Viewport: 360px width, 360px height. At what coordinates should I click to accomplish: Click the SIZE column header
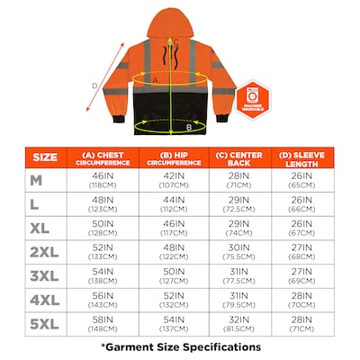(x=44, y=157)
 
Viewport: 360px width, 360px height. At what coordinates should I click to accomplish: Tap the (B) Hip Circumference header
(x=175, y=157)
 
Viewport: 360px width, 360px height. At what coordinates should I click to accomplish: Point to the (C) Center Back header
(x=240, y=157)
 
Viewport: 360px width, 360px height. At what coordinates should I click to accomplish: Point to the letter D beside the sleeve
(x=95, y=86)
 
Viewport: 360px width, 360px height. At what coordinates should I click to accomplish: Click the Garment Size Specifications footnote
(x=180, y=346)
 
